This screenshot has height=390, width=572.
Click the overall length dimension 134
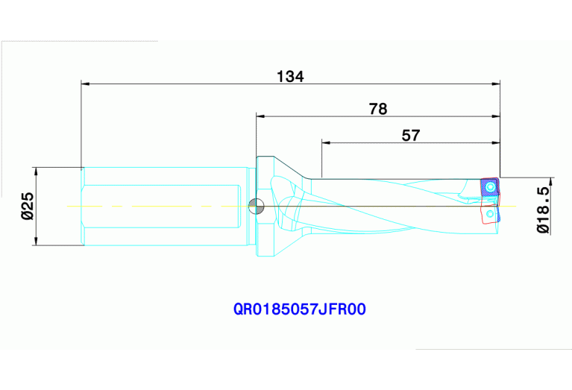point(290,75)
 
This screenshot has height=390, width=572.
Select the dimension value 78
point(378,109)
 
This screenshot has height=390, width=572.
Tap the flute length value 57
point(411,135)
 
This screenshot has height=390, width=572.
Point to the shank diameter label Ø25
point(26,205)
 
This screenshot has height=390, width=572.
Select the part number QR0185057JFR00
point(300,309)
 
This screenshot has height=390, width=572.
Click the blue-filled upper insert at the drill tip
point(489,186)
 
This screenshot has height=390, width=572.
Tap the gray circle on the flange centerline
point(256,206)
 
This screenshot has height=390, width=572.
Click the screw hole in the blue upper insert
point(490,186)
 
